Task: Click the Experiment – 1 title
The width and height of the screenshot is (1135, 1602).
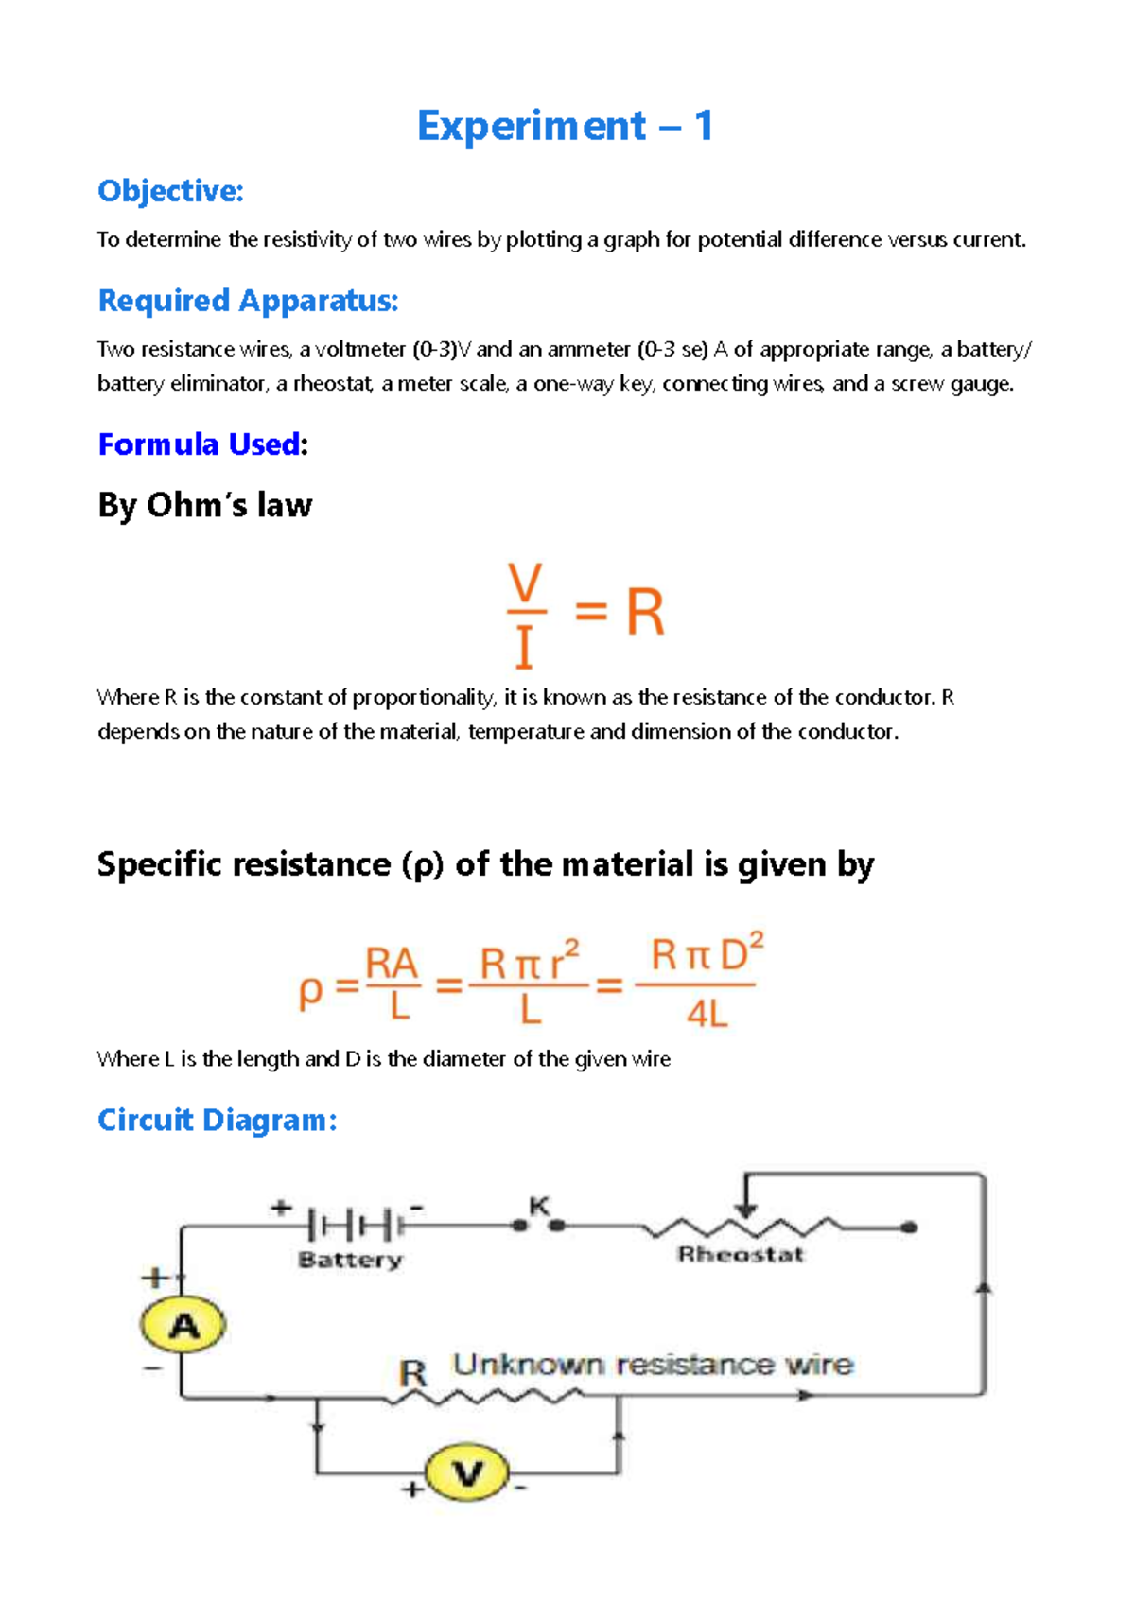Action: point(565,126)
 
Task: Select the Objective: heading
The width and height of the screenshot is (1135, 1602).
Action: point(170,191)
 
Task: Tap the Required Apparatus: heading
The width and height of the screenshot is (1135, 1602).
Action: point(248,301)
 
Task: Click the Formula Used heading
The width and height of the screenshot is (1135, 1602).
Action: point(199,444)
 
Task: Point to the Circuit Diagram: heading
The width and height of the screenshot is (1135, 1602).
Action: point(217,1121)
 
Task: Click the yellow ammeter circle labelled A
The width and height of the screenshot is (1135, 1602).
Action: point(183,1325)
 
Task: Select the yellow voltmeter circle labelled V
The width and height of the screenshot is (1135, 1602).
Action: point(467,1473)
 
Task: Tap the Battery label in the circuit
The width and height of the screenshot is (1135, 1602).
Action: point(350,1260)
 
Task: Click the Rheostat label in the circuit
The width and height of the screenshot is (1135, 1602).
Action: point(741,1255)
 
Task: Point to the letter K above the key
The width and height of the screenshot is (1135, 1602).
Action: point(539,1206)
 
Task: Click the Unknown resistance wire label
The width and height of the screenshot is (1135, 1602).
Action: point(653,1365)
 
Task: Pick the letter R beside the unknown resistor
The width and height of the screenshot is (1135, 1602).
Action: point(412,1372)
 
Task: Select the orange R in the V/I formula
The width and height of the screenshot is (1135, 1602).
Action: point(645,613)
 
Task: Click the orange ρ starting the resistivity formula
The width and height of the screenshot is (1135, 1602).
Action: point(310,992)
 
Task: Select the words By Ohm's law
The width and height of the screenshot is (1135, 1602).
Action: point(204,505)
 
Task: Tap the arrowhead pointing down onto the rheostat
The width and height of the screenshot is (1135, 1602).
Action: point(746,1210)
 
